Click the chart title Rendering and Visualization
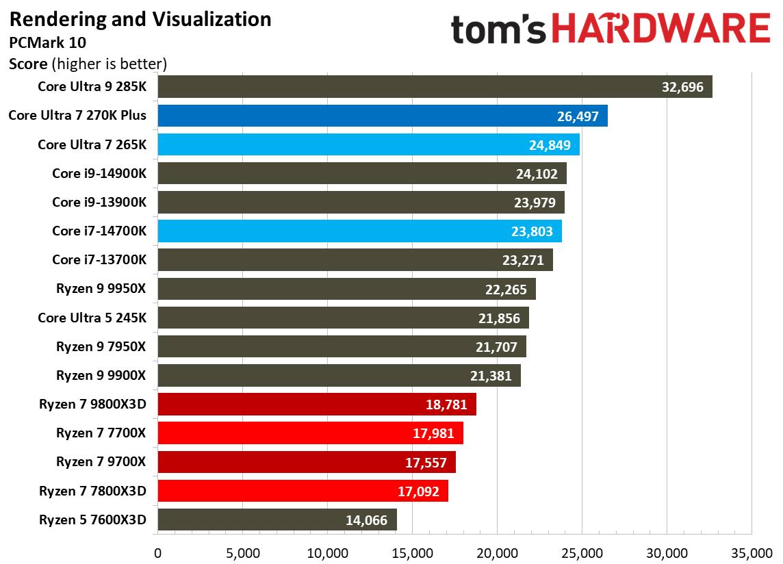click(140, 19)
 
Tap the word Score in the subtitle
click(28, 64)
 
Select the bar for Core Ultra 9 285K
click(435, 87)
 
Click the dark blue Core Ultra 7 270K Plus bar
click(382, 116)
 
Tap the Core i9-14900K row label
click(99, 173)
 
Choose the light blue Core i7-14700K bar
click(359, 231)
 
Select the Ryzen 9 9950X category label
click(101, 289)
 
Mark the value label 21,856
click(498, 318)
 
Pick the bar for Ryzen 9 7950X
click(342, 346)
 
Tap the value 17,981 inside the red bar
click(431, 434)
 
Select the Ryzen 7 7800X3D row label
click(92, 491)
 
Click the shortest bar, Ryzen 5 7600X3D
click(277, 520)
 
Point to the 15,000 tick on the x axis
click(412, 552)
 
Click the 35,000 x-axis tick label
click(752, 552)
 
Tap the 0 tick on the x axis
click(157, 552)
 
